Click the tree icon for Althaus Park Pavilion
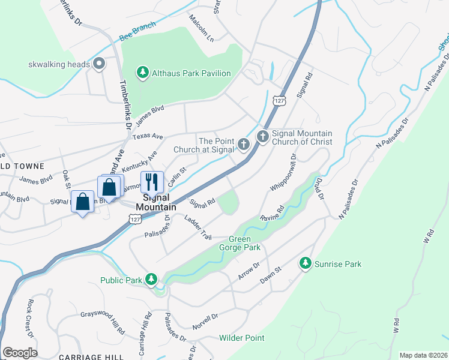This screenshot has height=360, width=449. pyautogui.click(x=142, y=73)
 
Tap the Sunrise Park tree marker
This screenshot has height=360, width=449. pyautogui.click(x=306, y=263)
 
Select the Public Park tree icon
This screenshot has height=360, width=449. pyautogui.click(x=152, y=280)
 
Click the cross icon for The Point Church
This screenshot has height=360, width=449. pyautogui.click(x=243, y=144)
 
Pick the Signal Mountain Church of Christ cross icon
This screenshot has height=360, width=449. pyautogui.click(x=263, y=137)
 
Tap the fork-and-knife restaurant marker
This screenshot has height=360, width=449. pyautogui.click(x=152, y=182)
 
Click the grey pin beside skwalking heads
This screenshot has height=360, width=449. pyautogui.click(x=100, y=64)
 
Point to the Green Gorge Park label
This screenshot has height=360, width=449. pyautogui.click(x=244, y=243)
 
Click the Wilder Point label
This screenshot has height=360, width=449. pyautogui.click(x=241, y=338)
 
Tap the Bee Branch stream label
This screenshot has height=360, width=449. pyautogui.click(x=137, y=31)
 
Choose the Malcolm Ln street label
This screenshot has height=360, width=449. pyautogui.click(x=201, y=28)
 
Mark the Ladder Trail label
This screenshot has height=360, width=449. pyautogui.click(x=198, y=227)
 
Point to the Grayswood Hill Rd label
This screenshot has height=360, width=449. pyautogui.click(x=103, y=322)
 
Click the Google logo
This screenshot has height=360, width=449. pyautogui.click(x=20, y=353)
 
